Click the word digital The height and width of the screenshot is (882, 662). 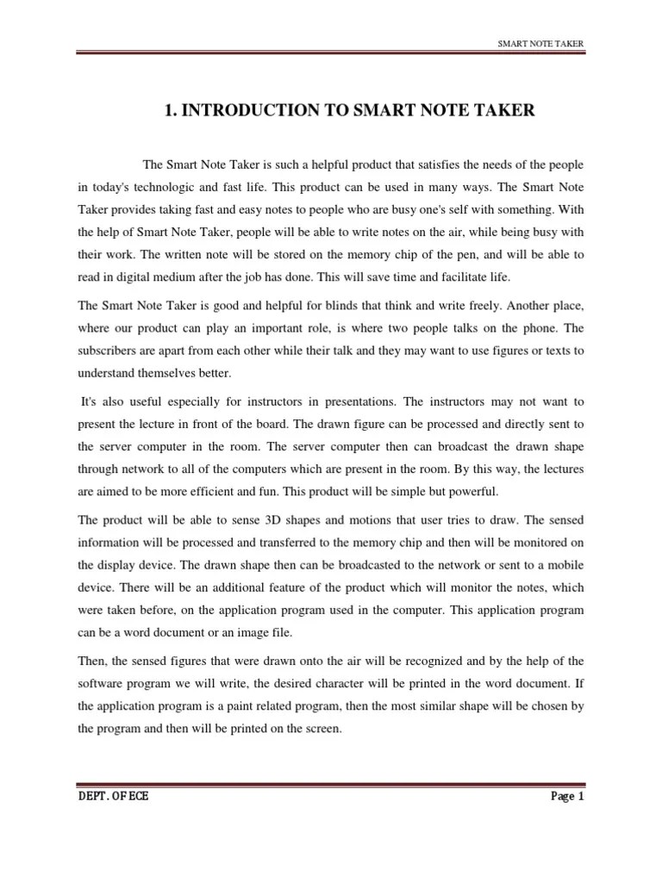point(135,277)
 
